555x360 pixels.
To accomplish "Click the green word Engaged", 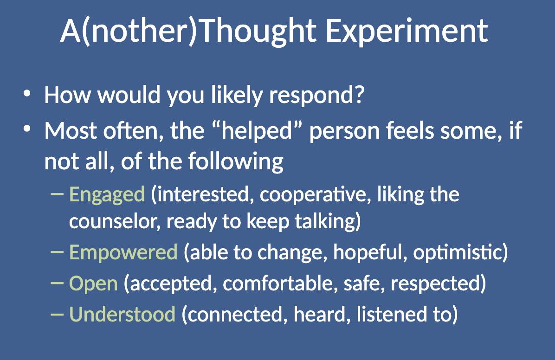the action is point(107,195).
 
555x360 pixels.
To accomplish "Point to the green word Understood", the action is point(122,314).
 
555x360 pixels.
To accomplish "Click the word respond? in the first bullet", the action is point(317,96).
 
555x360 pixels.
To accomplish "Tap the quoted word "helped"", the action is point(258,131).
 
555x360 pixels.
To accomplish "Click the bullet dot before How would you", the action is point(27,94).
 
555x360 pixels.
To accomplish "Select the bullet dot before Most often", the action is point(27,129).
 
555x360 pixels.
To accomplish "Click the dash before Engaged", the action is point(57,193).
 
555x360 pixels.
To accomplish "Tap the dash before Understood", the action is point(57,314).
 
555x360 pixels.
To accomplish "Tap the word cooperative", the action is point(315,195).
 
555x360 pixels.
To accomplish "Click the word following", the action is point(236,162).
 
